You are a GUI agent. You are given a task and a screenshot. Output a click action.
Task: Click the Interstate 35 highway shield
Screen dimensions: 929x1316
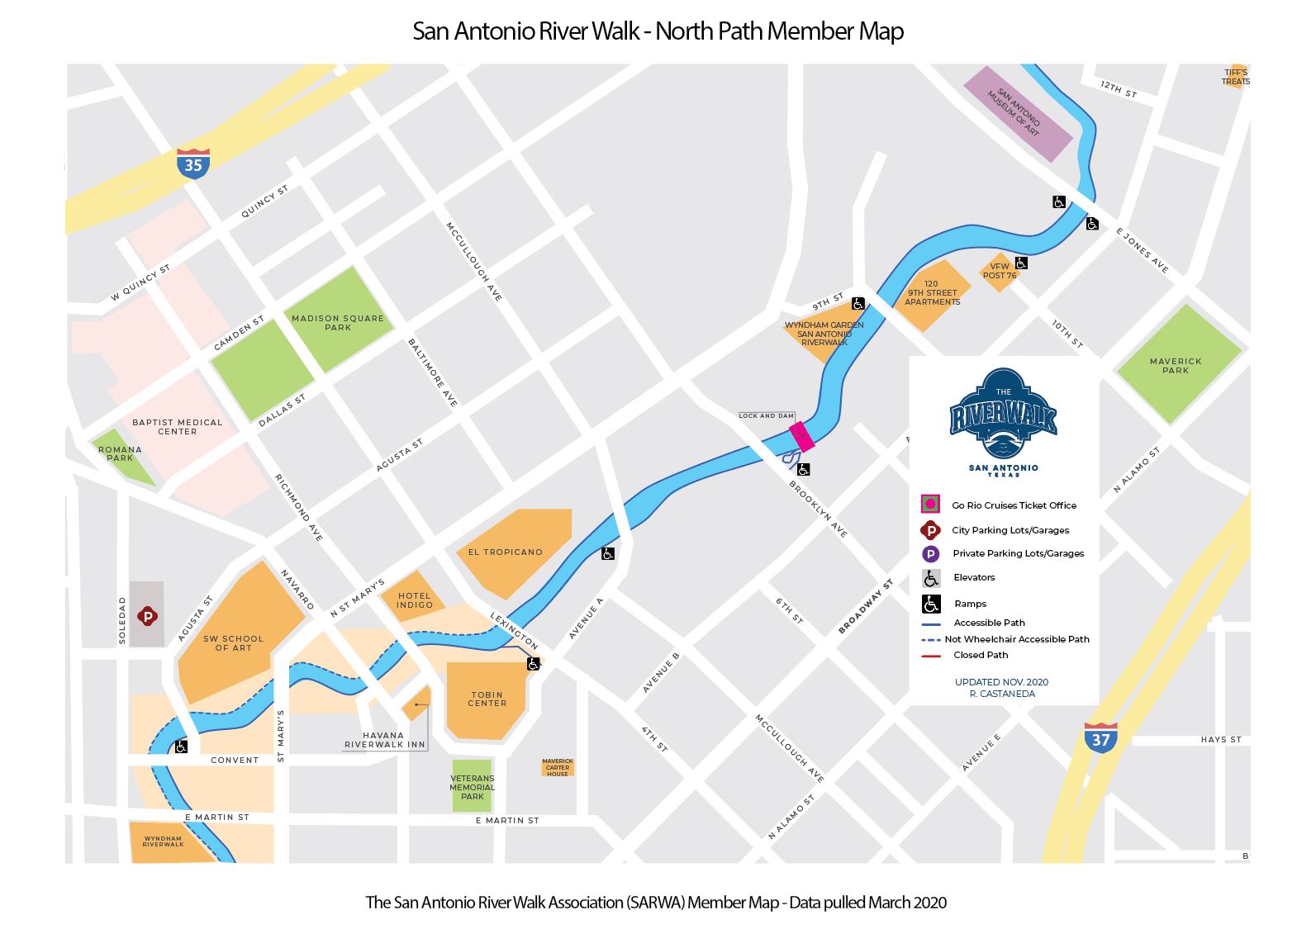tap(192, 164)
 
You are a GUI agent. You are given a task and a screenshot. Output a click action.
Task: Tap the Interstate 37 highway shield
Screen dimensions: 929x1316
tap(1100, 738)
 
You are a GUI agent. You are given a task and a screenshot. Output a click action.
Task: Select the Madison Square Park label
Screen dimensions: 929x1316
tap(338, 322)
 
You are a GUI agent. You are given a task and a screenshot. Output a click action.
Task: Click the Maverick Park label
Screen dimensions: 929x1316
tap(1176, 365)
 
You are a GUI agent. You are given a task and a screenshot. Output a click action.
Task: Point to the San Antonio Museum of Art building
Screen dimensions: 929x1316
tap(1018, 113)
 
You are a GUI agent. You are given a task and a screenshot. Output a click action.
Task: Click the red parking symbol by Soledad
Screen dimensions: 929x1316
tap(148, 615)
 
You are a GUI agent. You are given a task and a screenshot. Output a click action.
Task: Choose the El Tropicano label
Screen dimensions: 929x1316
tap(505, 552)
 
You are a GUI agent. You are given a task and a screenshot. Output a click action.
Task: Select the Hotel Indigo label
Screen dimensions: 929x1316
tap(414, 600)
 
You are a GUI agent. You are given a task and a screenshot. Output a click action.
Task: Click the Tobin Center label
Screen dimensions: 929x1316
tap(487, 699)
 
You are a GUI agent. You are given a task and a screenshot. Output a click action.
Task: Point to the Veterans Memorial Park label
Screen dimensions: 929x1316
tap(472, 787)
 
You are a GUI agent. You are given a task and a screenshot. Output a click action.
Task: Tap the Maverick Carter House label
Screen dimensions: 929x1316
tap(558, 767)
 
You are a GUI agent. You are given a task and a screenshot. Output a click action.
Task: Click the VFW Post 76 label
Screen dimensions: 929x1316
tap(1000, 271)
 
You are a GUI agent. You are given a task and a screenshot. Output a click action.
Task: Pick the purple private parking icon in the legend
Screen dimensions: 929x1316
tap(931, 554)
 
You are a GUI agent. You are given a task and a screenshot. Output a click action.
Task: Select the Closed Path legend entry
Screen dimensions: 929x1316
tap(980, 655)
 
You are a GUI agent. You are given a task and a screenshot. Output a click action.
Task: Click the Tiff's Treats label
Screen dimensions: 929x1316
tap(1236, 77)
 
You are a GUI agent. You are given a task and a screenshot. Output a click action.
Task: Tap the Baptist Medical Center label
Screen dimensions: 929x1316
tap(177, 426)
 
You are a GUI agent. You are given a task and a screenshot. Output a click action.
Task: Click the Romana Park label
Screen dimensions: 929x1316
tap(120, 453)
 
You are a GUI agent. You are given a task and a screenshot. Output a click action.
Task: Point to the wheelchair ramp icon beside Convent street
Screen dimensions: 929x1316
tap(181, 747)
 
